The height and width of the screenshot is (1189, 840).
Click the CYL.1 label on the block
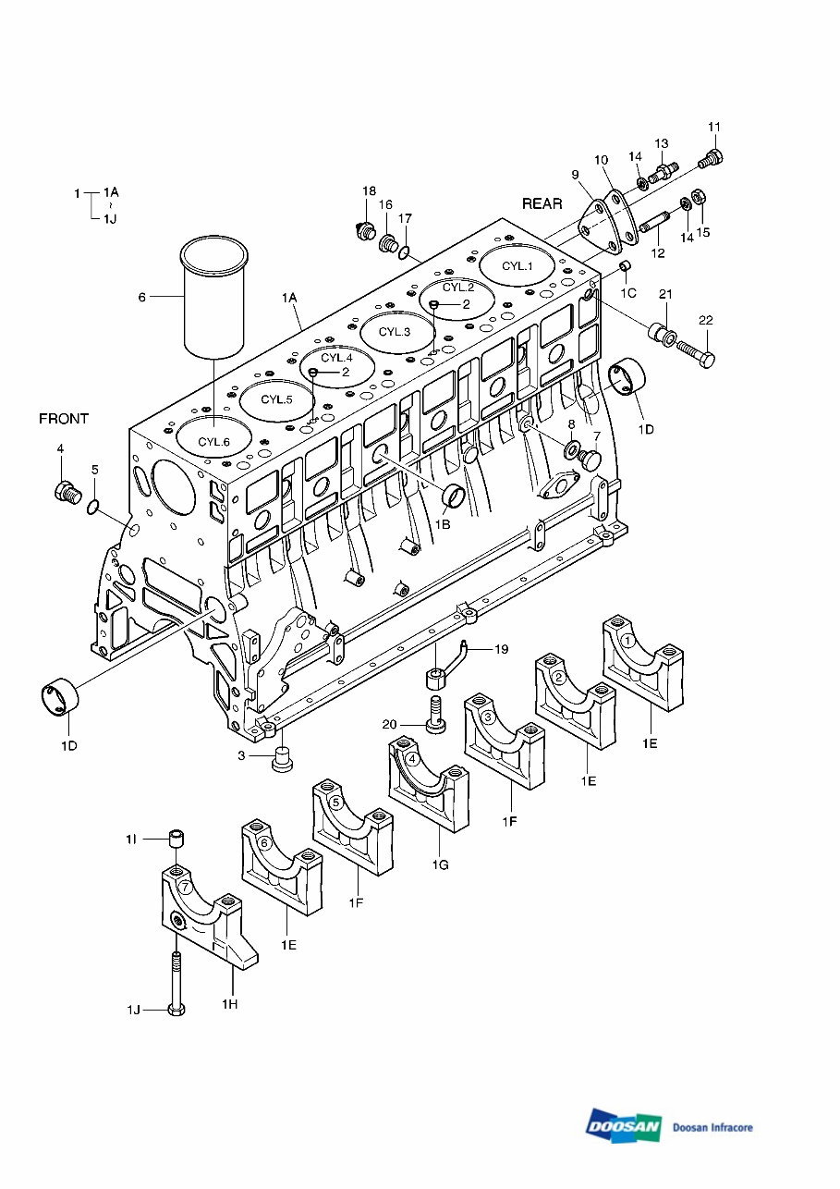[517, 266]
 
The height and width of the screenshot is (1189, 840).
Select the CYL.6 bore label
[213, 441]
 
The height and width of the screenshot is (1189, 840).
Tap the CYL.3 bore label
[395, 332]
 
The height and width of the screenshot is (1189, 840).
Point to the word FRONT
[64, 419]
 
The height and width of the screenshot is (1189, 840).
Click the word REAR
[542, 203]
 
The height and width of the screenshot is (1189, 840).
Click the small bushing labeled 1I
[177, 840]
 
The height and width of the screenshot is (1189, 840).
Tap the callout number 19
[501, 650]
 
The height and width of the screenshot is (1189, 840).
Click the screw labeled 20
[434, 714]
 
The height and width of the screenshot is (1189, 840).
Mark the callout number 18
[369, 190]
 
